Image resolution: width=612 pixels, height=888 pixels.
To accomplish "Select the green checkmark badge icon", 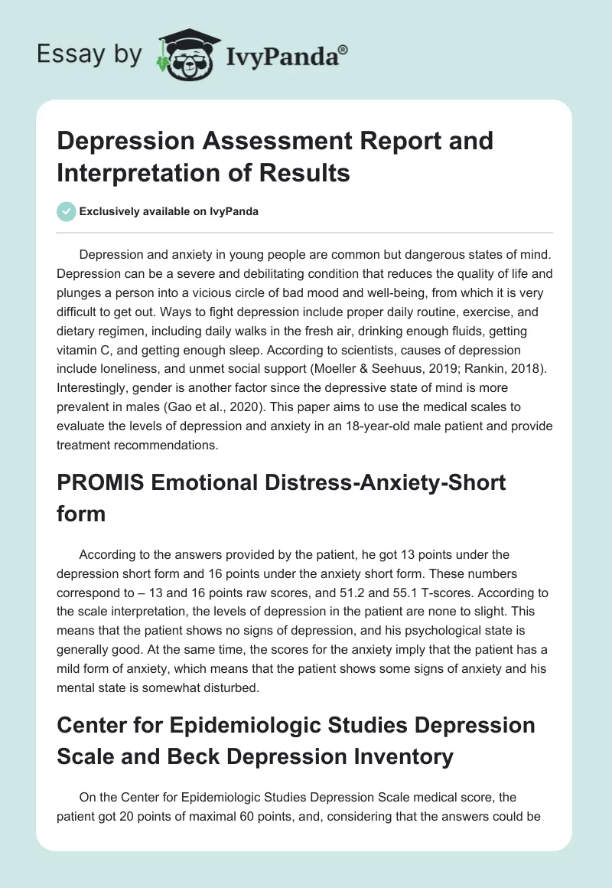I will coord(67,211).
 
